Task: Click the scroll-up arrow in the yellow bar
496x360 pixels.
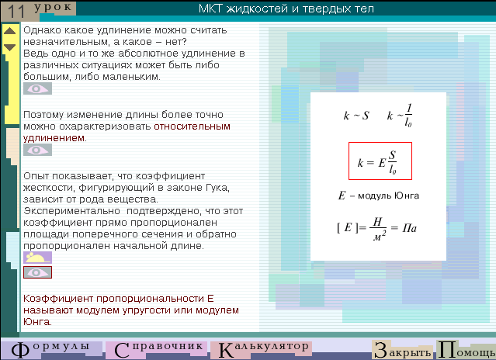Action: point(10,31)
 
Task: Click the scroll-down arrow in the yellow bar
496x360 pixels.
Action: point(10,47)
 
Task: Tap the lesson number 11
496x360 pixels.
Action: point(16,11)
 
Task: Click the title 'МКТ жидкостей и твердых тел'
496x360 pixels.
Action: point(286,9)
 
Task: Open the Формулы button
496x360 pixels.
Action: point(50,350)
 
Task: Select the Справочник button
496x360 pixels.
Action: point(158,350)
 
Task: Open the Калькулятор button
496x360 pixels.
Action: point(262,350)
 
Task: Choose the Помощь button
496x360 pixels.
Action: point(466,350)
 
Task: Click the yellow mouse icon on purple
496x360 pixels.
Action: point(37,258)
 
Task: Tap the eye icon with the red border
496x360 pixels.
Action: point(37,272)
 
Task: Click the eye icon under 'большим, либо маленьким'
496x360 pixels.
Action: point(37,88)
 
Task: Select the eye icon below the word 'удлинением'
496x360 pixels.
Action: point(37,150)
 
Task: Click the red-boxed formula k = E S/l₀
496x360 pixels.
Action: point(380,161)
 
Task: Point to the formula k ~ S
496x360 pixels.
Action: point(356,116)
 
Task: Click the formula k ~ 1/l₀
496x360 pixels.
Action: point(400,116)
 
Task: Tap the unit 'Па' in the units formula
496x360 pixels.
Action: point(409,228)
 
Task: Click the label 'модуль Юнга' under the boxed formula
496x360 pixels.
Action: point(388,196)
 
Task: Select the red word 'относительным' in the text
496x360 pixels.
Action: point(192,126)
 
